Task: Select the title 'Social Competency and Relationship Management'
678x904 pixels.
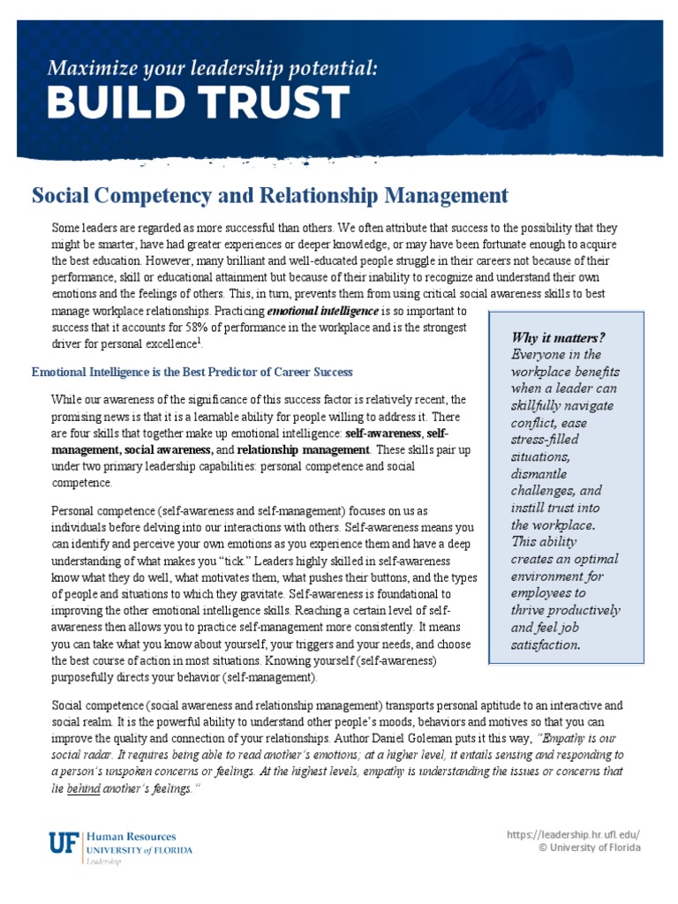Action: (270, 195)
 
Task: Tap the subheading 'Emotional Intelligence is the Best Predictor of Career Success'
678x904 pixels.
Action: (192, 372)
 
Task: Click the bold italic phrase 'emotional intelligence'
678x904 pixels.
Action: (322, 312)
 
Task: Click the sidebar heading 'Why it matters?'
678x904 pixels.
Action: (558, 338)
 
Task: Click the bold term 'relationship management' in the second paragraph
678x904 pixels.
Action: (303, 450)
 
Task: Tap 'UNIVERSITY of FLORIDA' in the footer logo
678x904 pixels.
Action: (139, 850)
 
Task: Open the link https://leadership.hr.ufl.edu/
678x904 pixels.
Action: (573, 834)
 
